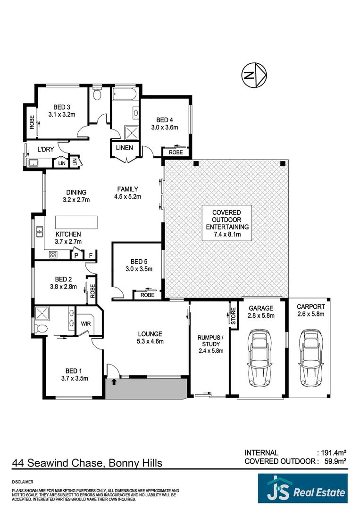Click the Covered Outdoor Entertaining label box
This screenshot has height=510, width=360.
(x=227, y=223)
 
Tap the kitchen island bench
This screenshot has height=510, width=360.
(x=76, y=222)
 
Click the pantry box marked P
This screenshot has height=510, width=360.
(x=75, y=255)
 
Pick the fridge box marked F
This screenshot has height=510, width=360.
(x=91, y=255)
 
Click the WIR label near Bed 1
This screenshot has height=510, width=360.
(x=86, y=324)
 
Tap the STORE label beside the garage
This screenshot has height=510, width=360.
(x=233, y=315)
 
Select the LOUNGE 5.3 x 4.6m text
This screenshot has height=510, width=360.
(x=150, y=338)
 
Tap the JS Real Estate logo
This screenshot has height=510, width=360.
(x=302, y=489)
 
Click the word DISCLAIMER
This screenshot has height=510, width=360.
(x=23, y=482)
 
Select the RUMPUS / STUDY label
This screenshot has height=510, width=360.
(x=209, y=343)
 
